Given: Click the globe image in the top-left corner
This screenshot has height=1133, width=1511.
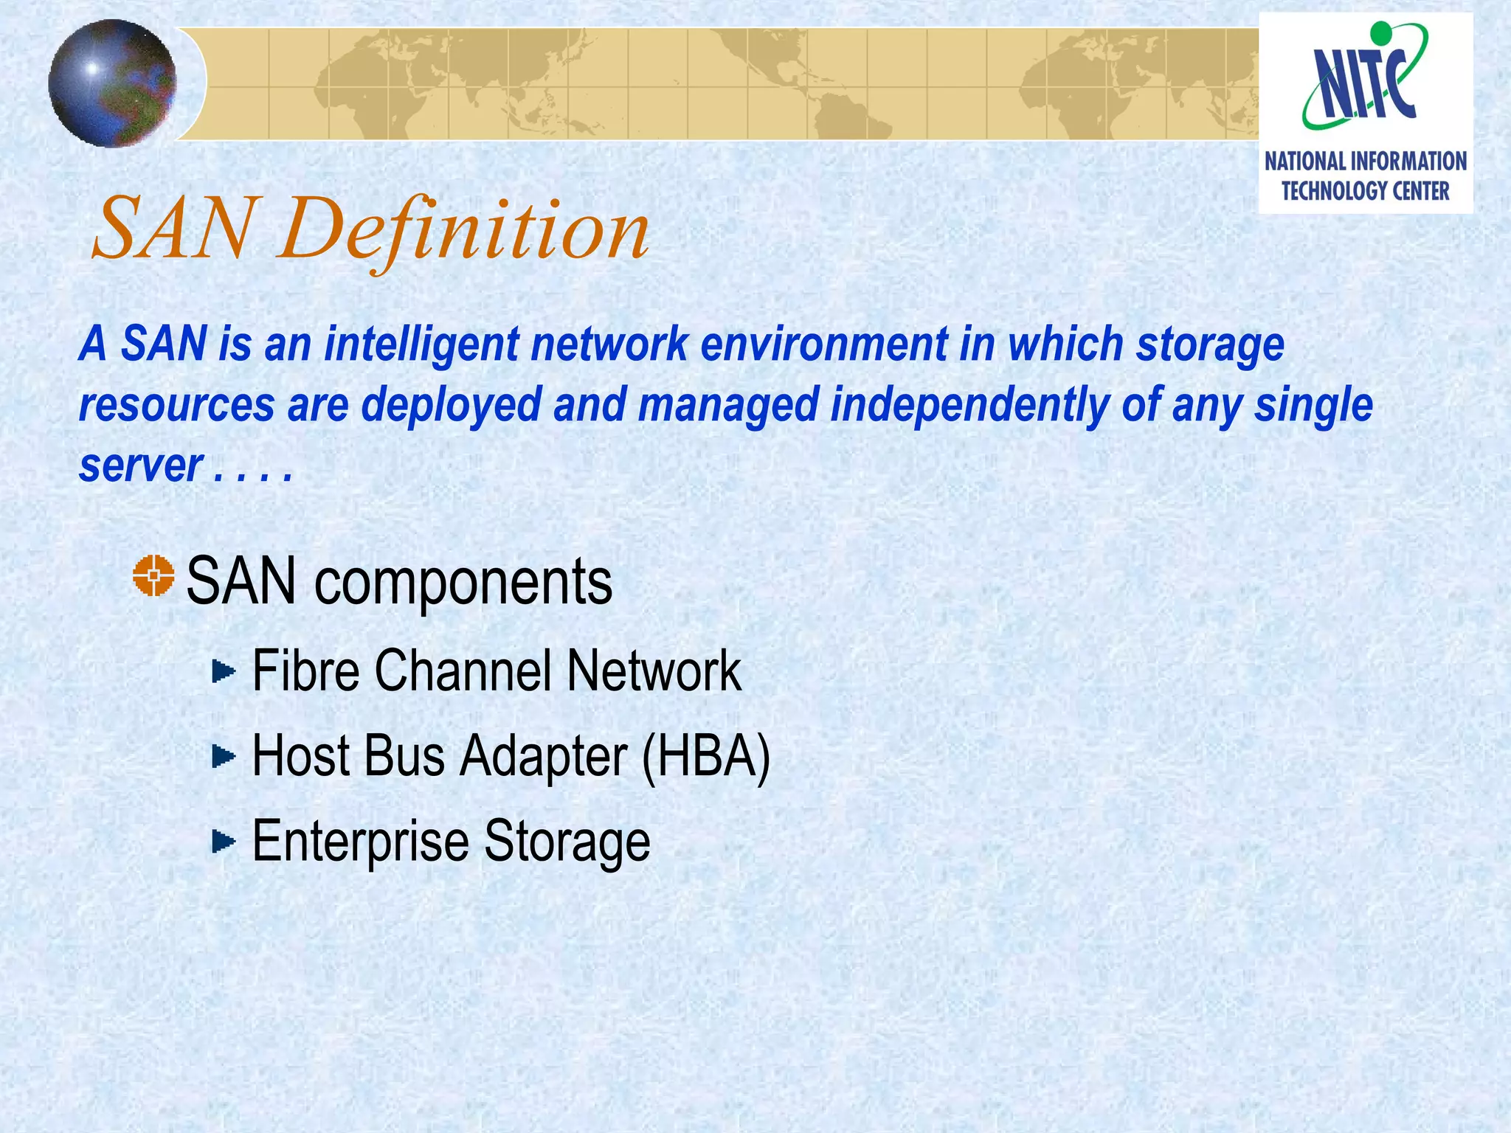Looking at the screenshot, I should click(112, 83).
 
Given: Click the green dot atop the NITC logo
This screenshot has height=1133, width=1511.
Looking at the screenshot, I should click(1380, 32).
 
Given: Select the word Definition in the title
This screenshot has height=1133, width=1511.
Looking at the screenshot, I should click(463, 231).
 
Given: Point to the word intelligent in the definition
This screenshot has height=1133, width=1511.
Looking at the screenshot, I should click(421, 344).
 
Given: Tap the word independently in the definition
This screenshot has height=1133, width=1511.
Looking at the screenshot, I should click(969, 406).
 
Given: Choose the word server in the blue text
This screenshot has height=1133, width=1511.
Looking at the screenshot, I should click(140, 466).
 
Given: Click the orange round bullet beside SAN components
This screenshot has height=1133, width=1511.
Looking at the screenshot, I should click(153, 576).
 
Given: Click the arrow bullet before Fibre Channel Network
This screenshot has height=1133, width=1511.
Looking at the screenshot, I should click(223, 671).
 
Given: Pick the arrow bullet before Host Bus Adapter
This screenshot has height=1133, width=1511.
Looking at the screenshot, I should click(223, 756).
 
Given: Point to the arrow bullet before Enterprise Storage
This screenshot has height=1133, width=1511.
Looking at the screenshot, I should click(223, 841).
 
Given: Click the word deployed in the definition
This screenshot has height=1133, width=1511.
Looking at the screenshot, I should click(451, 406).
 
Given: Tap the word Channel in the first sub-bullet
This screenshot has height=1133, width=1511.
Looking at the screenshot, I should click(463, 671).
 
